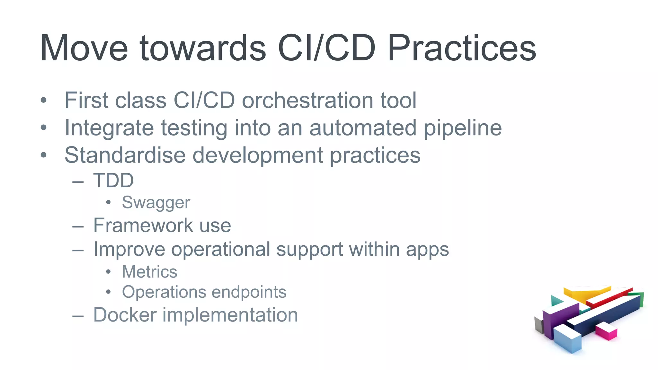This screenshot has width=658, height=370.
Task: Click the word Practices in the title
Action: coord(462,48)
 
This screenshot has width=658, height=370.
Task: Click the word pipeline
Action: coord(463,128)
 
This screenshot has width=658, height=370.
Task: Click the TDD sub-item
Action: coord(113,180)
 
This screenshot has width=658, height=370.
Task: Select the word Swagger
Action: coord(156,203)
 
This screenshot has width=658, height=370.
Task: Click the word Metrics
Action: coord(150,272)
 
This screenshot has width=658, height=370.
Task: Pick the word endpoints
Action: coord(249,292)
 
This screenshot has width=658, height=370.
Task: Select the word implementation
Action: coord(230,314)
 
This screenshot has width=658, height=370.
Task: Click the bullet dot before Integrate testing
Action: coord(44,128)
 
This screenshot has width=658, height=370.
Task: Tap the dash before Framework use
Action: coord(78,226)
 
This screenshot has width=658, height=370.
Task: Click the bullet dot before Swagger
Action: coord(109,202)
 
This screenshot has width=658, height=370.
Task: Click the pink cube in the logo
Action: coord(606,331)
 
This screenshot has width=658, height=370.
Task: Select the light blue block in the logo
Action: coord(568,339)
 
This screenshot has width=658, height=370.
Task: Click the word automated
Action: coord(363,128)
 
